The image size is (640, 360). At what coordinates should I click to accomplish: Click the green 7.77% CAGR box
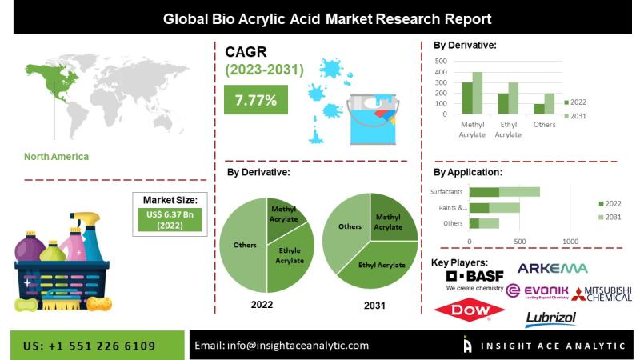[256, 99]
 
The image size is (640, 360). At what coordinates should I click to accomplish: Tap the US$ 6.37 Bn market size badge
[170, 219]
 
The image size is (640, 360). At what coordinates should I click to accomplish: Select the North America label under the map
[56, 157]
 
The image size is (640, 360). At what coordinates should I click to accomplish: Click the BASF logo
[475, 280]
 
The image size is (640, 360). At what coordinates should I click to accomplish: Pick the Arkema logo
[553, 268]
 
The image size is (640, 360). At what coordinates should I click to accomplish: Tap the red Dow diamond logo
[470, 310]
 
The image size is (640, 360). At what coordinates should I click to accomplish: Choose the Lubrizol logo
[551, 318]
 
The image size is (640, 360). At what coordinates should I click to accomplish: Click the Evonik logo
[537, 291]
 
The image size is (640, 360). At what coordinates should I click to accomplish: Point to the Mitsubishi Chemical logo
[602, 294]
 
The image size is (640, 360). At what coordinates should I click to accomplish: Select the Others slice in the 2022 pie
[243, 245]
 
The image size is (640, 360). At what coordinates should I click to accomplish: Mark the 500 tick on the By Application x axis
[519, 242]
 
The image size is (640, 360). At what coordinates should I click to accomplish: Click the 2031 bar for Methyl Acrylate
[477, 93]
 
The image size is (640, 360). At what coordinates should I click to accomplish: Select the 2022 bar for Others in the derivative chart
[539, 109]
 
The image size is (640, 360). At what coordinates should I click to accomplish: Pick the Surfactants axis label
[446, 191]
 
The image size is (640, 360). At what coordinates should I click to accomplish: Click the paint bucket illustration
[372, 118]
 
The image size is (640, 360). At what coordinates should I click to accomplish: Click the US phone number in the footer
[90, 346]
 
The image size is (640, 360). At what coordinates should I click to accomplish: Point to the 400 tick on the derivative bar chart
[442, 72]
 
